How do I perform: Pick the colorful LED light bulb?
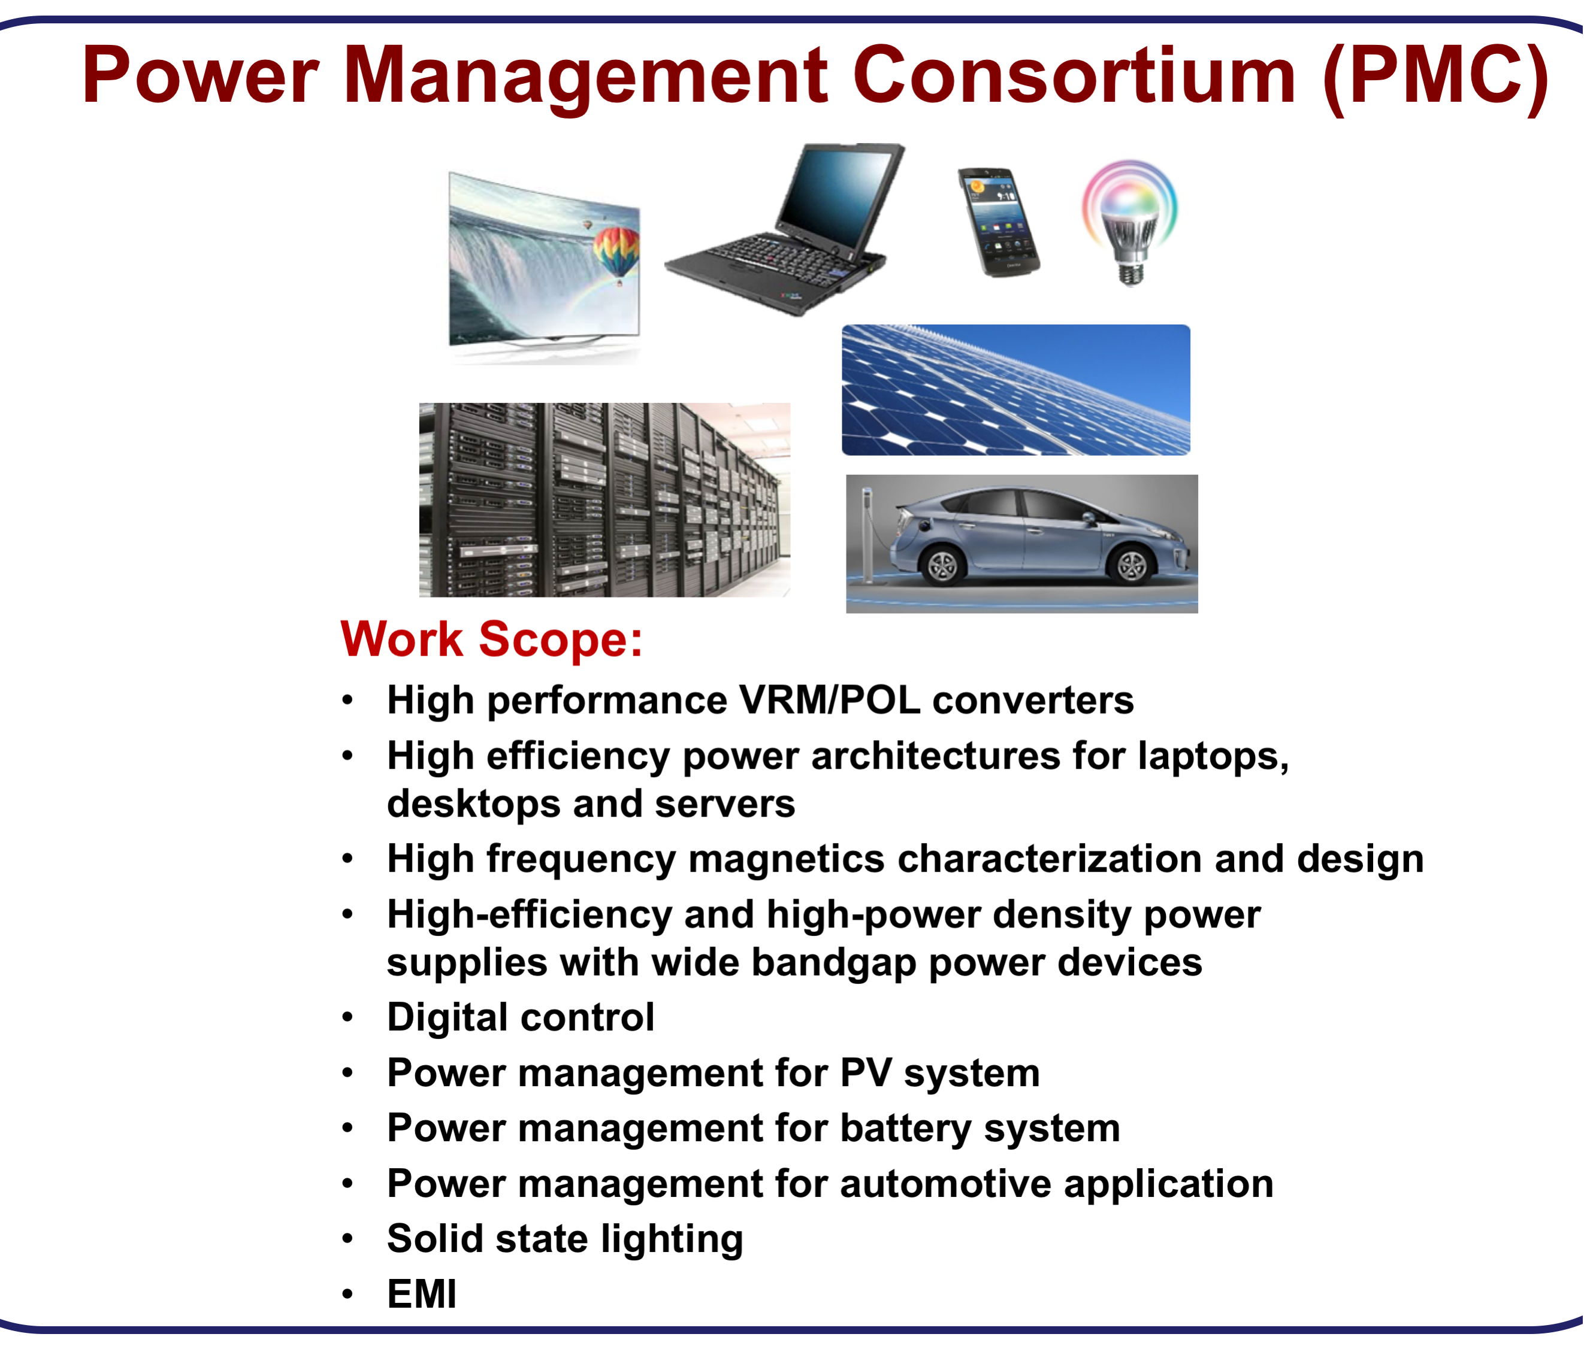click(x=1130, y=222)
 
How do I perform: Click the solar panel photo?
click(x=1015, y=390)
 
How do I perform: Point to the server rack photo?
click(x=604, y=500)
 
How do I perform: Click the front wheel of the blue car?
click(x=1130, y=565)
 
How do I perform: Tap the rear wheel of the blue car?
click(x=941, y=565)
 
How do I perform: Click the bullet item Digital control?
click(x=521, y=1017)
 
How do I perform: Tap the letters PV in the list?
click(x=866, y=1073)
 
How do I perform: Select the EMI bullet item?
click(x=421, y=1294)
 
